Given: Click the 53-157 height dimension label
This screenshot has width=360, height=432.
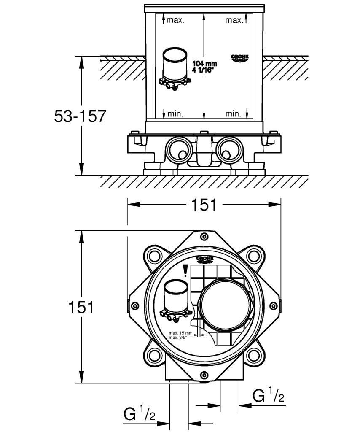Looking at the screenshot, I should click(80, 116).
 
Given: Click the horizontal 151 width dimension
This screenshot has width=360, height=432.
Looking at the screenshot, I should click(204, 205).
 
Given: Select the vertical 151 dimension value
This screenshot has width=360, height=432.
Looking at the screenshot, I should click(81, 307).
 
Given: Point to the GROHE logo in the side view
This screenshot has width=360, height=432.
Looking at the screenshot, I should click(240, 58).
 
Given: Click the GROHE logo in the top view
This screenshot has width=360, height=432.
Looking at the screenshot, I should click(205, 259).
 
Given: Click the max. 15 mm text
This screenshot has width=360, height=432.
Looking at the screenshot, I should click(180, 332).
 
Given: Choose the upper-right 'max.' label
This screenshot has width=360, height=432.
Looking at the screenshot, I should click(234, 20).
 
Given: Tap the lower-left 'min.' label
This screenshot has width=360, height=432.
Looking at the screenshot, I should click(175, 113).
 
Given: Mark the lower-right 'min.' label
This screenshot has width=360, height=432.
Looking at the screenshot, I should click(233, 113).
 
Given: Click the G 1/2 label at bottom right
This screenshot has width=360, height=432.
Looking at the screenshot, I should click(268, 396).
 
